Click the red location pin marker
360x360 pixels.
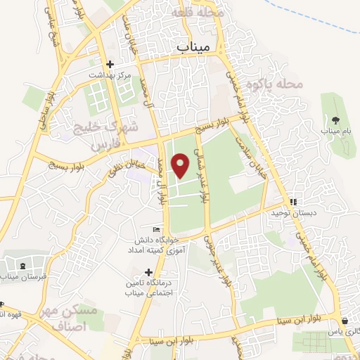tap(181, 166)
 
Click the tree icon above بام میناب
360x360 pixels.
tap(335, 120)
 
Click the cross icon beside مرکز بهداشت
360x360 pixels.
tap(110, 64)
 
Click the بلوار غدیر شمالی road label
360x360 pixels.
tap(204, 179)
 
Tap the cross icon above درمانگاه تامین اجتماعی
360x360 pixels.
tap(148, 271)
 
